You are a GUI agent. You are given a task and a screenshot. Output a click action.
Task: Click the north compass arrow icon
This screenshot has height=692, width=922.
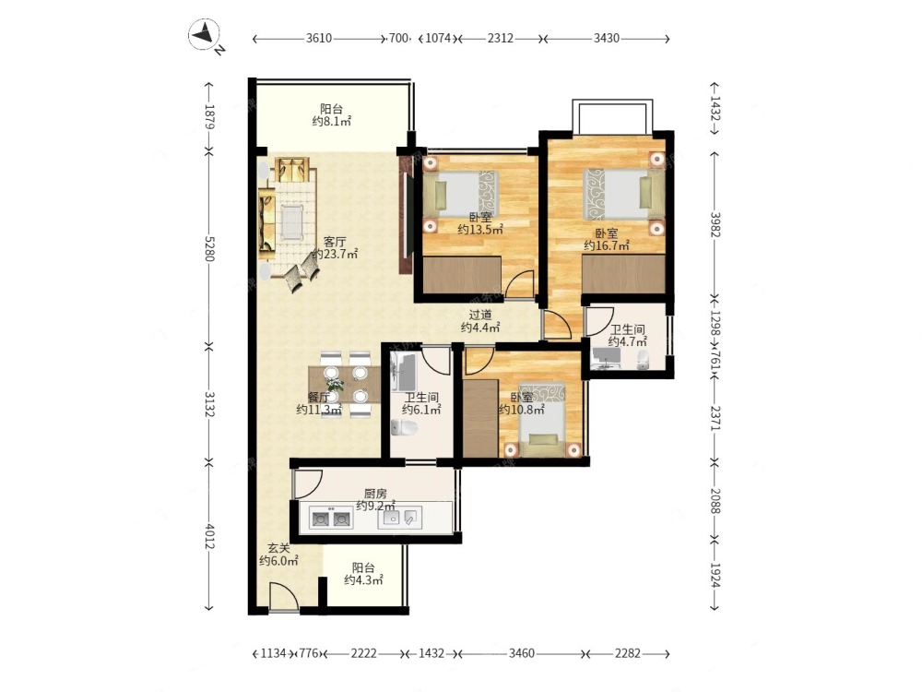pos(204,34)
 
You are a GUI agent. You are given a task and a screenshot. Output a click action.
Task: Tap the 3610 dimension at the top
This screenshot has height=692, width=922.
pos(319,38)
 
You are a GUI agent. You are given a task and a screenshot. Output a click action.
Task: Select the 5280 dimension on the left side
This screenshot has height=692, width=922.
pos(209,249)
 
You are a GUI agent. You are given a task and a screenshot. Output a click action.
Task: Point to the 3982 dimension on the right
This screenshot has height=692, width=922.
pos(715,224)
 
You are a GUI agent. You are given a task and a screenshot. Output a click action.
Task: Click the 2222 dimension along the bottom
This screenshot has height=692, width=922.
pos(363,653)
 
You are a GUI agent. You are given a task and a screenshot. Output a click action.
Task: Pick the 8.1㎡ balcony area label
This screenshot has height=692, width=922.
pos(332,122)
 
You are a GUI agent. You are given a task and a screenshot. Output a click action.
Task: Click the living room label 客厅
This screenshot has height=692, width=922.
pos(335,241)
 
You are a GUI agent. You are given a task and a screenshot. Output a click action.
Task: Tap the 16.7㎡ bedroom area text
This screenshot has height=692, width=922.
pos(607,246)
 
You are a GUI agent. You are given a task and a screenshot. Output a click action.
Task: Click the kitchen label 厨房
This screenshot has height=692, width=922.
pos(375,493)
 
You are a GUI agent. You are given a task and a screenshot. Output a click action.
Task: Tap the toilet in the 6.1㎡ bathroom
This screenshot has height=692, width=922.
pos(404,428)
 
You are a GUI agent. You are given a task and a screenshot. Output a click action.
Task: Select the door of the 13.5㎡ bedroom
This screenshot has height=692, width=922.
pos(520,284)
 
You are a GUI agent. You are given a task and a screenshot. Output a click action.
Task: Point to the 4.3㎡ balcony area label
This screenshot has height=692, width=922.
pos(363,580)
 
